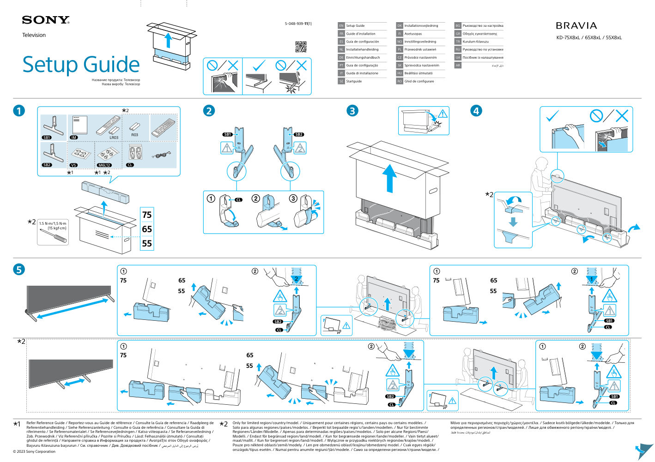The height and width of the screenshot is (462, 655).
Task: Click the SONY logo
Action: point(45,20)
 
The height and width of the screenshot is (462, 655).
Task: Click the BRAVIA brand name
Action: point(576,26)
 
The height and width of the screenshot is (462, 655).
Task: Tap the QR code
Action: point(301,47)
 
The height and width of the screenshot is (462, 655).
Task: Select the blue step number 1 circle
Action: point(19,111)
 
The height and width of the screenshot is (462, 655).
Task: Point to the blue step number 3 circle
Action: point(352,111)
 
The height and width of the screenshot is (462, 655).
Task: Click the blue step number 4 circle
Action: point(476,111)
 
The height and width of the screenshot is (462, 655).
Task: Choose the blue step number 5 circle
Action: point(19,270)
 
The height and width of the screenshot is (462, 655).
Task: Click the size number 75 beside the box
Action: point(147,215)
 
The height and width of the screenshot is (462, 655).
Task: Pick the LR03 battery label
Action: point(114,138)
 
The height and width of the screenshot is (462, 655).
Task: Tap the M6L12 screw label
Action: point(104,165)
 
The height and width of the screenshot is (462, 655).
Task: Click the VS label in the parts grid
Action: point(73,165)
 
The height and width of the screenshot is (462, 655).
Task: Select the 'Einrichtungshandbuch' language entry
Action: point(363,58)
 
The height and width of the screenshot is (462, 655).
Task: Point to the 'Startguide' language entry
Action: point(354,81)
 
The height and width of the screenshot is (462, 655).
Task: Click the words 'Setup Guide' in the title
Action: point(81,65)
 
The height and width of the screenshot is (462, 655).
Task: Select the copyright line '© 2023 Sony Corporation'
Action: point(34,451)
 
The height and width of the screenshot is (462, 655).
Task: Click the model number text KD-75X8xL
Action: point(568,38)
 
